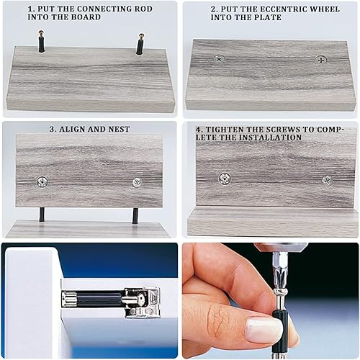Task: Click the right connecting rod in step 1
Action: click(x=140, y=44)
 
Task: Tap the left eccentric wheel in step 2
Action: click(x=219, y=58)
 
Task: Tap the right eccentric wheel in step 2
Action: click(x=320, y=60)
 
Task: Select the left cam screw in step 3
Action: click(x=42, y=181)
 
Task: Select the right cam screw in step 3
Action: click(x=137, y=183)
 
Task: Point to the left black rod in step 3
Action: click(x=42, y=215)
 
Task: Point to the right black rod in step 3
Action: click(x=135, y=216)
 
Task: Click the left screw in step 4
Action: click(x=225, y=179)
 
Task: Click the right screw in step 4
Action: click(x=327, y=181)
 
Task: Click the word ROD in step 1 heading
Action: click(x=143, y=9)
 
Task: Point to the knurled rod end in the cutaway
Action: click(x=69, y=299)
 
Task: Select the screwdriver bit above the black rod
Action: click(x=280, y=271)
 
